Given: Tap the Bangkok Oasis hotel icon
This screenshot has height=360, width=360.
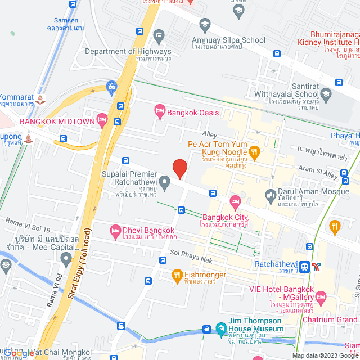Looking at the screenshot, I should [x=159, y=112].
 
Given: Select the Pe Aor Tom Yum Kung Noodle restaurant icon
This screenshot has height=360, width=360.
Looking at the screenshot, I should [x=254, y=150].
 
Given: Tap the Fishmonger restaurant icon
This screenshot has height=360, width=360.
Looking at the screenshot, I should [x=175, y=275].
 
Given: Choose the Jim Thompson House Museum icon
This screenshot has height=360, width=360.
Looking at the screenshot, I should [x=220, y=328].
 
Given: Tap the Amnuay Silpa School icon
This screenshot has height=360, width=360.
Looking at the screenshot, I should [x=204, y=24].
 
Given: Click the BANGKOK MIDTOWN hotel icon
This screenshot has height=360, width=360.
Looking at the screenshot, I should [x=102, y=119].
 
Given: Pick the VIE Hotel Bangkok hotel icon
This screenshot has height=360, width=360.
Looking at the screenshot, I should [x=321, y=296].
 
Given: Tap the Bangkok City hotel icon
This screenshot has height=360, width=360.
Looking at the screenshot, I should [x=235, y=201].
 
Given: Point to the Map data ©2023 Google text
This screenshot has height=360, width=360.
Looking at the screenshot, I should [x=324, y=355].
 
